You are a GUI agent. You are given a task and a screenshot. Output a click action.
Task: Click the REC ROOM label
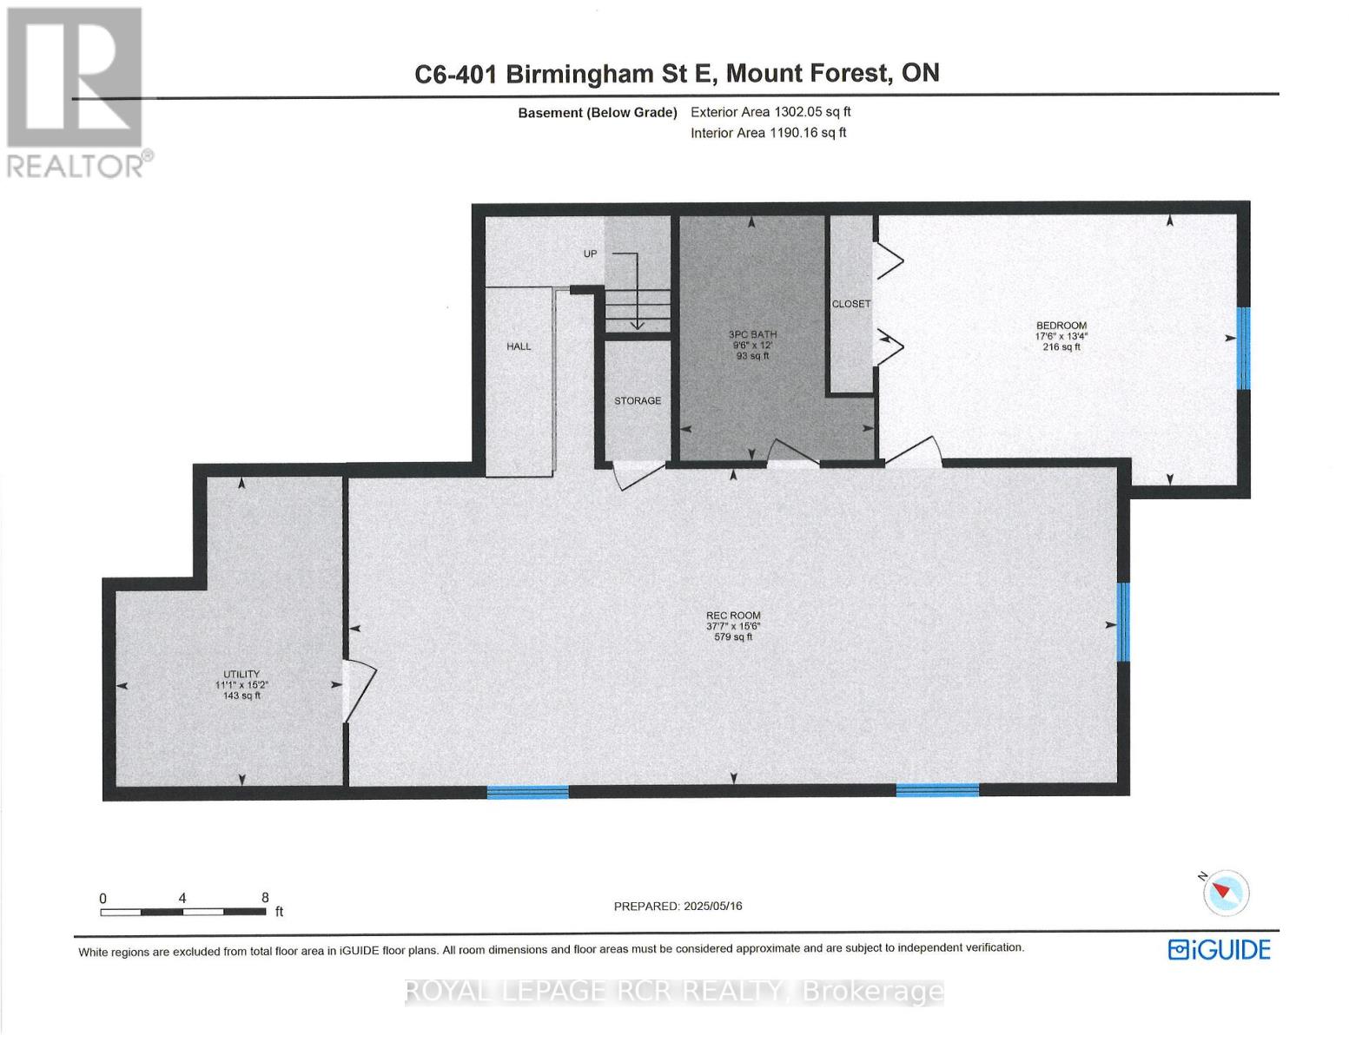733,616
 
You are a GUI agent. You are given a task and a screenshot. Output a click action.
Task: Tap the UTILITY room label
241,674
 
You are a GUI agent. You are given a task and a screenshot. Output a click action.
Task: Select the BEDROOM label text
1061,326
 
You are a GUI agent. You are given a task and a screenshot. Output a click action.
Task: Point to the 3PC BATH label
752,334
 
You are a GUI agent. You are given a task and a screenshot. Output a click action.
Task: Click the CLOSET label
850,304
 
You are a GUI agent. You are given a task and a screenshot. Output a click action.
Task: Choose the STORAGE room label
638,400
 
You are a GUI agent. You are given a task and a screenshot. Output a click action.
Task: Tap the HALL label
519,346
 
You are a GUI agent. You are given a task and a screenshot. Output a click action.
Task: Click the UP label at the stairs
590,254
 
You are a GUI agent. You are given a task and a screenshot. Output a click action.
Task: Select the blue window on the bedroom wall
1243,348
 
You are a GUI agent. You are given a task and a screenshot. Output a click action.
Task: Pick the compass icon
1227,892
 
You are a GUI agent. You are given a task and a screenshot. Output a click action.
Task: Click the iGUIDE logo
1219,949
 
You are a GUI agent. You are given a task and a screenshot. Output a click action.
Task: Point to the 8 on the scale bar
265,898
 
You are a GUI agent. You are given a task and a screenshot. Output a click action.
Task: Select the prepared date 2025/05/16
712,906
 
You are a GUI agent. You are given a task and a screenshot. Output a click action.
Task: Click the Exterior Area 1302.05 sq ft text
770,112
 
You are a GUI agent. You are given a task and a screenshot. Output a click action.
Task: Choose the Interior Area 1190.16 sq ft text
768,133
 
